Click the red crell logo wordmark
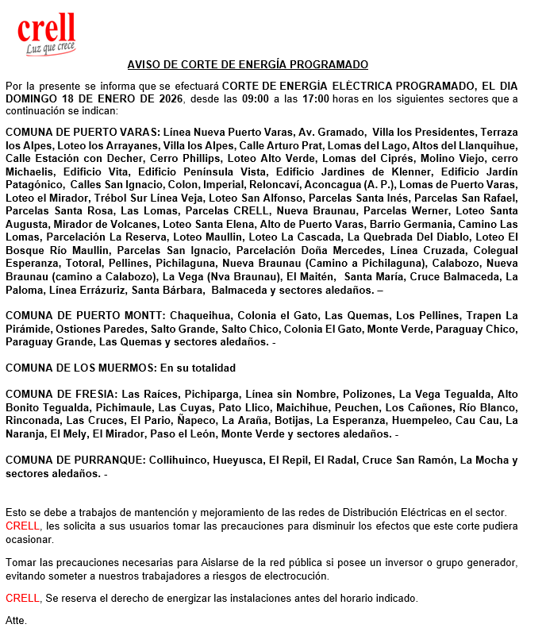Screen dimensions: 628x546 click(x=47, y=29)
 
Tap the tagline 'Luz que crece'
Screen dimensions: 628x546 click(x=50, y=49)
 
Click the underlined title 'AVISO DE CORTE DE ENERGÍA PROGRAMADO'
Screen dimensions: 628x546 click(x=248, y=64)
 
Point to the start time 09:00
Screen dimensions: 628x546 click(x=255, y=99)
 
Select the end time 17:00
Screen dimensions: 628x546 click(x=316, y=99)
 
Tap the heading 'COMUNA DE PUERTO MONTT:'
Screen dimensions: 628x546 click(x=83, y=315)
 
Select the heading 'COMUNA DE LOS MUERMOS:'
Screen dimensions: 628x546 click(x=81, y=368)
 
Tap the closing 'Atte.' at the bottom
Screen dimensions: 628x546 click(x=16, y=619)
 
